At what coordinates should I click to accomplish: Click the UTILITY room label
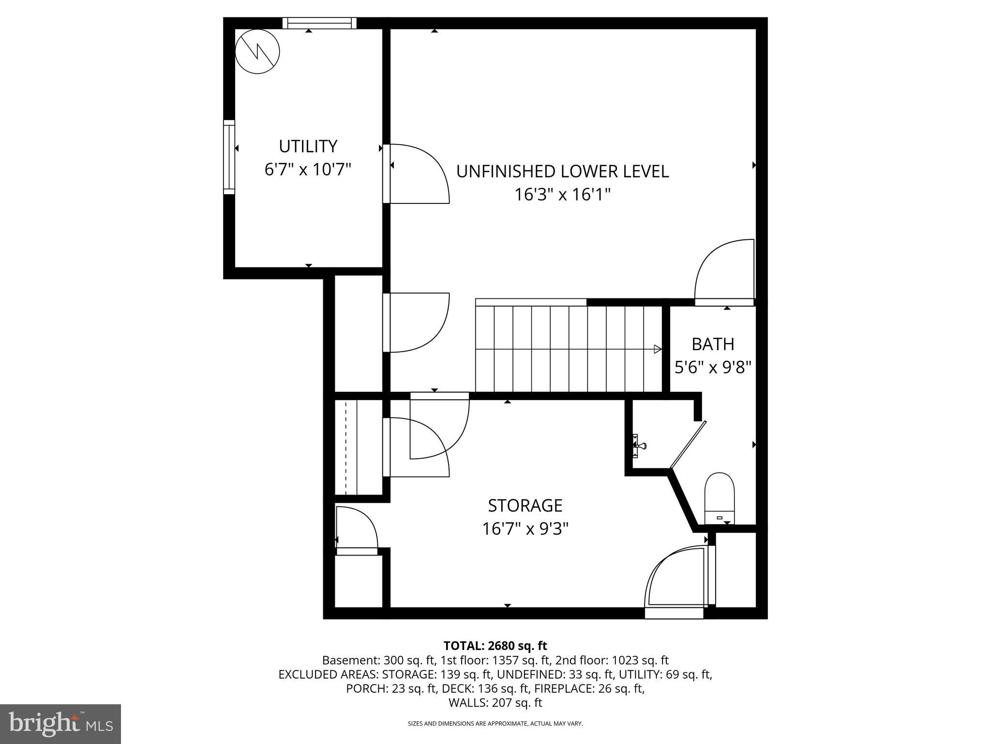(308, 146)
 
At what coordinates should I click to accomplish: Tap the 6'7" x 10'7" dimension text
(308, 170)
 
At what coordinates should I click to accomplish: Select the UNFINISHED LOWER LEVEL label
(562, 171)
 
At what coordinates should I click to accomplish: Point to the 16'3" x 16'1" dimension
(562, 195)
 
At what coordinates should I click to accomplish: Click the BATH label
(713, 344)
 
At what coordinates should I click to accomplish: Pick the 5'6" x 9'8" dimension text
(713, 368)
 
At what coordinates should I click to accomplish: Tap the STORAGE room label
(525, 506)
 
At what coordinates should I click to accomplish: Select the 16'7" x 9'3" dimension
(525, 529)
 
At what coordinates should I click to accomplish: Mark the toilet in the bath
(720, 498)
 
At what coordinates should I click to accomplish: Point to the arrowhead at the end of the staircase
(658, 349)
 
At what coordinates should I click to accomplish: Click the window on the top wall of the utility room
(319, 23)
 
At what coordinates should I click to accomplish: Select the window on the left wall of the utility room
(229, 157)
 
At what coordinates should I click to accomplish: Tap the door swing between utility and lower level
(419, 173)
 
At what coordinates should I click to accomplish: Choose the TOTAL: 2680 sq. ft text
(495, 646)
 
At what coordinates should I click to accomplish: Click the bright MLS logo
(60, 724)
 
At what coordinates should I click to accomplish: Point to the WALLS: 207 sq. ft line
(495, 703)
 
